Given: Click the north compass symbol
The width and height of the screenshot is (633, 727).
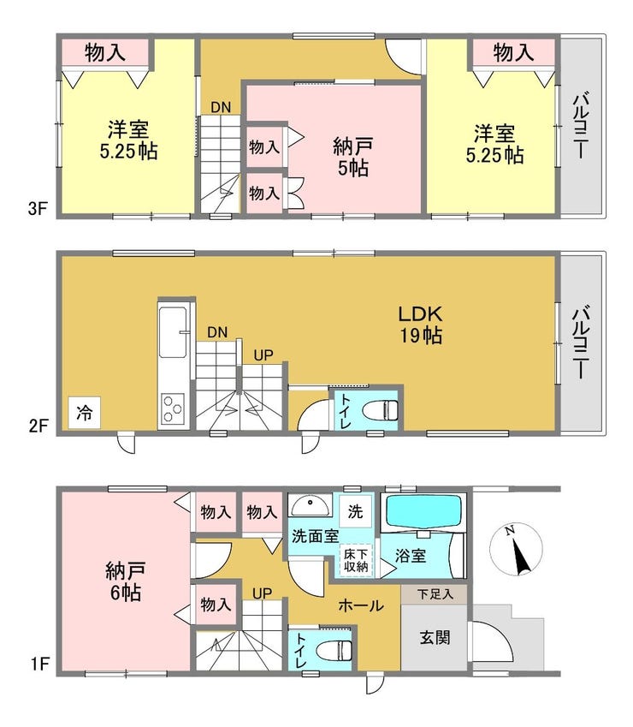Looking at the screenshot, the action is coord(516,550).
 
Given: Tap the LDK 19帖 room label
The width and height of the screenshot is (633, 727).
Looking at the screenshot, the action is coord(421,324).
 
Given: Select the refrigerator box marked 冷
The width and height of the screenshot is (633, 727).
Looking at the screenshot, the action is coord(85,412).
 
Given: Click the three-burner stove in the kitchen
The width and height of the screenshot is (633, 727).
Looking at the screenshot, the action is coord(173,408).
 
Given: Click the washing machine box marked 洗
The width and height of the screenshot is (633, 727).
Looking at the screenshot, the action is coord(355,511).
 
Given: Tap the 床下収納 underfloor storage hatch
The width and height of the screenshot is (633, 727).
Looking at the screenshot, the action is coord(356,560).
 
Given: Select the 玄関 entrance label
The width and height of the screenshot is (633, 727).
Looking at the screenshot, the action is coord(435,637).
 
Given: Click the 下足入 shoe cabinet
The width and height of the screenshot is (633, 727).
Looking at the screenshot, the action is coord(435,594).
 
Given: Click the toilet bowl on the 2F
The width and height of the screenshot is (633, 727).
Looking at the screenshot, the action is coord(380,410).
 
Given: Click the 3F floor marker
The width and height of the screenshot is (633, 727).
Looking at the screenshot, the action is coord(38,208).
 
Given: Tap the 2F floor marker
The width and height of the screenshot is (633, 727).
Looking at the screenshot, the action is coord(38,426).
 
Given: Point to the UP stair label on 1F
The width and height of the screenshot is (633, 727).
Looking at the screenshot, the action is coord(262,593).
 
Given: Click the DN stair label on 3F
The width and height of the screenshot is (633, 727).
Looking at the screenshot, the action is coord(221,108).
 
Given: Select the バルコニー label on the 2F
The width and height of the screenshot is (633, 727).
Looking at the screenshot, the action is coord(581,342).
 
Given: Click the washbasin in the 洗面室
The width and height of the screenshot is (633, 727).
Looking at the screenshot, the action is coord(310,505).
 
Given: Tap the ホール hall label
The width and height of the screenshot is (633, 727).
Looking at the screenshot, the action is coord(361,605).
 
